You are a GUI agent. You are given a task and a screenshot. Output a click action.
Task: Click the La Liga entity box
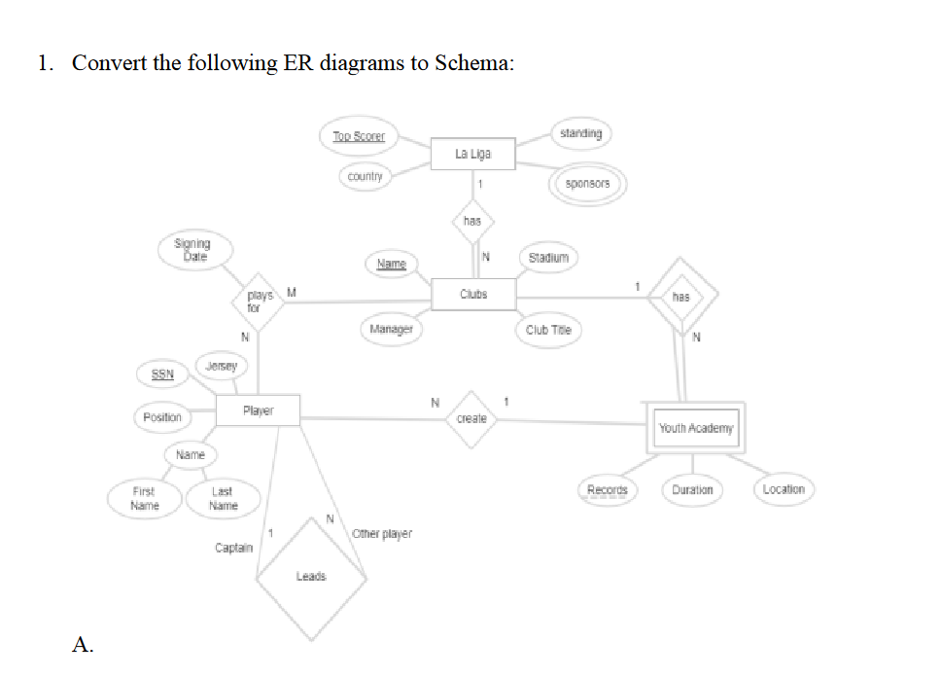[473, 154]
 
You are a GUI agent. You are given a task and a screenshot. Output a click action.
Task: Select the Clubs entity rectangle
[473, 293]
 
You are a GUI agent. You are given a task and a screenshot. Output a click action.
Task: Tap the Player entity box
[258, 410]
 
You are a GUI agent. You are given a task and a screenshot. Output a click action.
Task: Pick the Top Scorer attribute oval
[359, 137]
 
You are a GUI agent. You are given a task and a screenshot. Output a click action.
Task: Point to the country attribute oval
[365, 176]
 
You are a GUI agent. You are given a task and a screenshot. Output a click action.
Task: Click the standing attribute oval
[581, 133]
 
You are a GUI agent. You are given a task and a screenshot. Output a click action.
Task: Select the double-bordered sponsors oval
[587, 183]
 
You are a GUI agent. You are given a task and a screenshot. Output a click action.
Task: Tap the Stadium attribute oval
[548, 258]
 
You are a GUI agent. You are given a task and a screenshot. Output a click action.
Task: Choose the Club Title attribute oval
[548, 330]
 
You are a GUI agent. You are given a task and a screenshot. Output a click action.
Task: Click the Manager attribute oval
[391, 329]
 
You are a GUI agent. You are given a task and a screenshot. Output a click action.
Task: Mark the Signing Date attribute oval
[191, 250]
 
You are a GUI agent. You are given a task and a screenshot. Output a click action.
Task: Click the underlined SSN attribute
[162, 374]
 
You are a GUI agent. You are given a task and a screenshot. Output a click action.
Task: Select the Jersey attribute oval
[223, 365]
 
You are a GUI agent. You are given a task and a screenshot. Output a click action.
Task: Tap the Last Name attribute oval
[223, 498]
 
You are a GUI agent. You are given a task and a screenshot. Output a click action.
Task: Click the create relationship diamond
[471, 418]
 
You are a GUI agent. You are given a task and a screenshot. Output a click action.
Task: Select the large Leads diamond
[311, 577]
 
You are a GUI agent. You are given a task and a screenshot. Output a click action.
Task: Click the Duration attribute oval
[692, 489]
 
